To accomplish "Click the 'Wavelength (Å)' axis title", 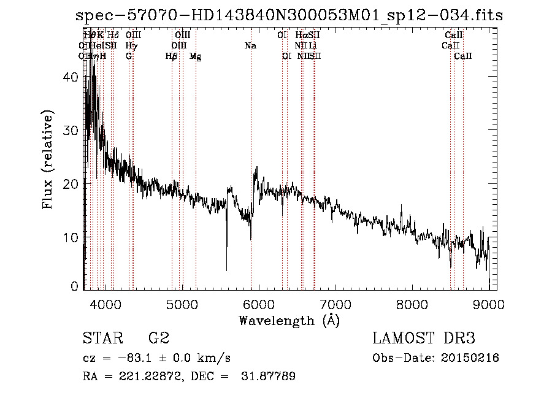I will pos(289,320).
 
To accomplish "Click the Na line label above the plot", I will pos(250,45).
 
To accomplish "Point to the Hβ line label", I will pos(171,56).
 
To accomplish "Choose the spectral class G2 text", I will pos(159,339).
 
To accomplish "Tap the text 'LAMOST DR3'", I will pos(424,339).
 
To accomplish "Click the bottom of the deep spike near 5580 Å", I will pos(227,270).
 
